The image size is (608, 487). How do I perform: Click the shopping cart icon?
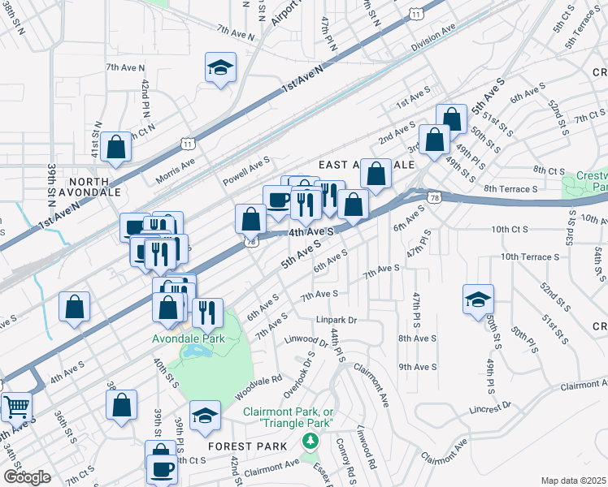tap(15, 405)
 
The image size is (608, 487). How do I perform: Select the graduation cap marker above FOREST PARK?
tap(205, 415)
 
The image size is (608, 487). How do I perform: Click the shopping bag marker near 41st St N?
tap(116, 147)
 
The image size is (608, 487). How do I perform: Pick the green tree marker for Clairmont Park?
tap(309, 442)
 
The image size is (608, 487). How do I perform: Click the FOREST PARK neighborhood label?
tap(247, 446)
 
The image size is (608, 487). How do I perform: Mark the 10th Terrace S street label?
tap(530, 256)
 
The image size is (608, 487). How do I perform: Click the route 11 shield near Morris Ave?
tap(189, 143)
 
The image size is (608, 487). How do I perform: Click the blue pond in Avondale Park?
tap(195, 351)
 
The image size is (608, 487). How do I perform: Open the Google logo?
tap(26, 477)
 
